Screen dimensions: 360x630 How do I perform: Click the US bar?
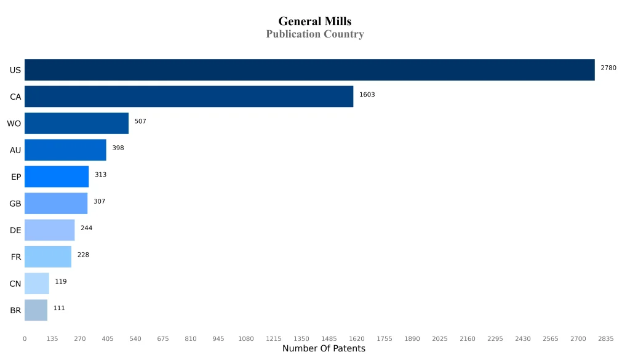pos(309,70)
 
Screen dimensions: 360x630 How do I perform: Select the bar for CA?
pos(189,97)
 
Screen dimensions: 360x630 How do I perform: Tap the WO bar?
pos(76,123)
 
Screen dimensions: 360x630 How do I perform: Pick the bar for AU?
pos(65,150)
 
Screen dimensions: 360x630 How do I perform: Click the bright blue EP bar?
pos(57,177)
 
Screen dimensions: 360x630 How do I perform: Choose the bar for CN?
pos(37,283)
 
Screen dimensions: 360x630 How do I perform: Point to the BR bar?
pos(36,310)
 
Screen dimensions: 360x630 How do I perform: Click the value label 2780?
pos(608,68)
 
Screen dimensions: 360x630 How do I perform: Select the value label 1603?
pos(367,95)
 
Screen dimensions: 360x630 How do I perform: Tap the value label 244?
pos(86,228)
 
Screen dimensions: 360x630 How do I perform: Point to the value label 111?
pos(59,308)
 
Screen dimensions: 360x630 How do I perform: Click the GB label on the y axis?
pos(15,204)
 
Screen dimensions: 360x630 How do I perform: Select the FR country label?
pos(16,257)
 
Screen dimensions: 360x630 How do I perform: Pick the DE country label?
pos(15,230)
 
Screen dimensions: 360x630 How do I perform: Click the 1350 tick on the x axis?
pos(301,338)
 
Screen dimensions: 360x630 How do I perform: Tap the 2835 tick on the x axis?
pos(605,338)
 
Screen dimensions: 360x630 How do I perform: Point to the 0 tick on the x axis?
pos(25,338)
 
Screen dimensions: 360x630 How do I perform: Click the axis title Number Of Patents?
pos(324,349)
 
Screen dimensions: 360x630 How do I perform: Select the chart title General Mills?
pos(314,22)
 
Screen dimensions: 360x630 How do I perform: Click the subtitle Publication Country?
pos(314,34)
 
